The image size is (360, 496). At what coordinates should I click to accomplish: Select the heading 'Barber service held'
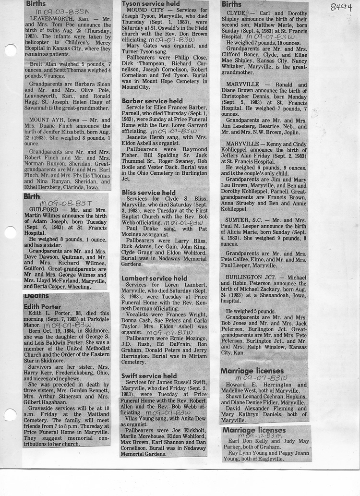[x=152, y=101]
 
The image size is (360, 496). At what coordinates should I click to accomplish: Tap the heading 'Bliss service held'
[x=149, y=193]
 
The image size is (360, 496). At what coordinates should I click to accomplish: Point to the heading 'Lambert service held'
[x=155, y=278]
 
